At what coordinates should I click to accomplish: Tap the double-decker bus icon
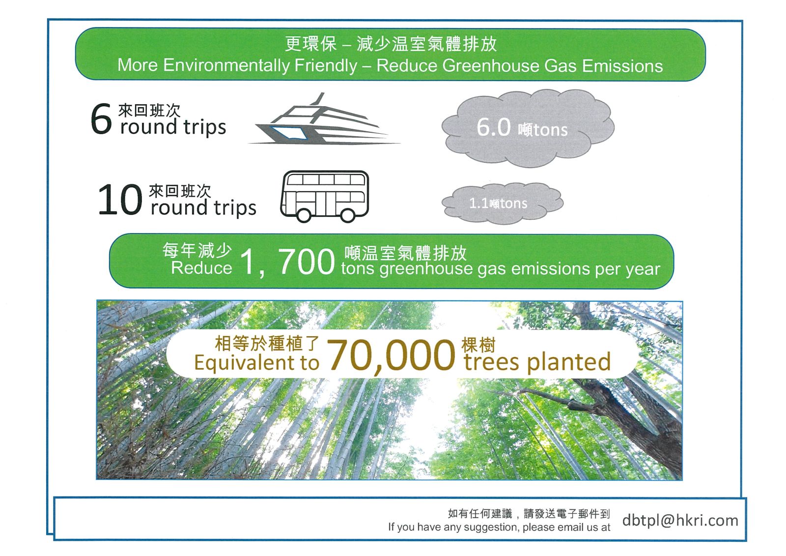[x=325, y=196]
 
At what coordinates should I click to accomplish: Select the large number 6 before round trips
[x=101, y=119]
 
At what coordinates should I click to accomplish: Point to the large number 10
[x=120, y=200]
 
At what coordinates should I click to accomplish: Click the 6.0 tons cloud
[x=528, y=128]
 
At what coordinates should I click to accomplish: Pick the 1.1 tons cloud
[x=503, y=204]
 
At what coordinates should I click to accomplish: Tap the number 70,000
[x=391, y=355]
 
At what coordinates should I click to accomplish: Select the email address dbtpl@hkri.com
[x=680, y=520]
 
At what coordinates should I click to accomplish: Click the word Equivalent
[x=245, y=362]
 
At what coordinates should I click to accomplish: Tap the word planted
[x=569, y=362]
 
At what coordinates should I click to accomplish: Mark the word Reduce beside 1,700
[x=201, y=268]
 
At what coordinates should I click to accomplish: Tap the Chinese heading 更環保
[x=310, y=44]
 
